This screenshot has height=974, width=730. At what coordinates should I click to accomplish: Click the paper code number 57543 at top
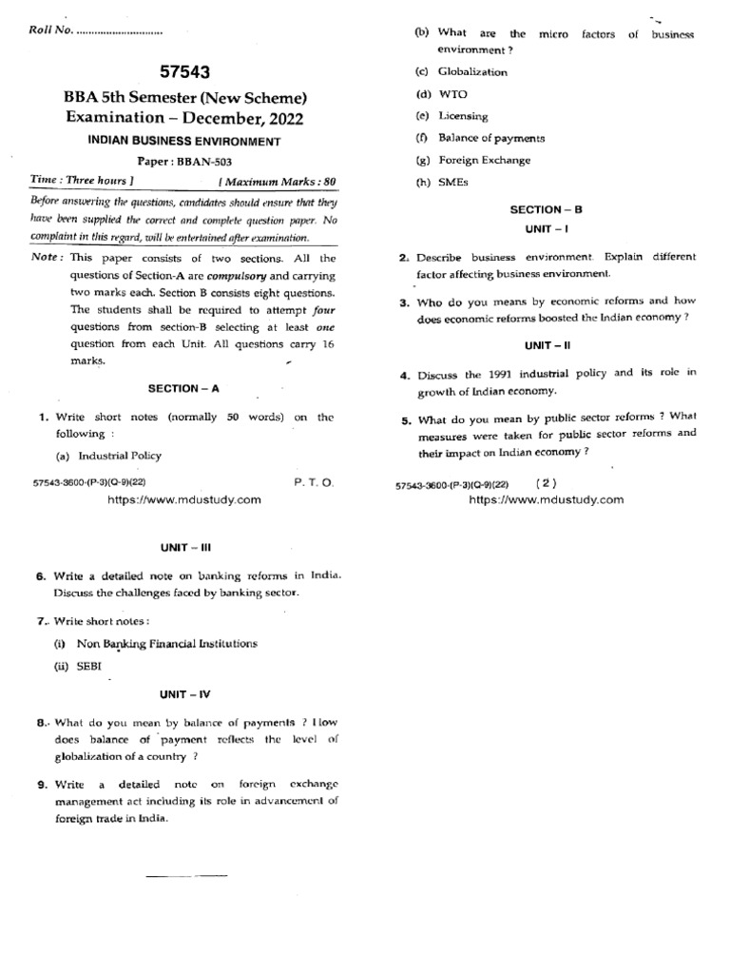185,72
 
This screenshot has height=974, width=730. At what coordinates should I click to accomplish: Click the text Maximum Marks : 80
278,180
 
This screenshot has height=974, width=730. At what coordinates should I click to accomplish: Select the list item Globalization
472,72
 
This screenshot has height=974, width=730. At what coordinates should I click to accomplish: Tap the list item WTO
452,94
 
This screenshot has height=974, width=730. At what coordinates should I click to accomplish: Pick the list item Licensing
463,116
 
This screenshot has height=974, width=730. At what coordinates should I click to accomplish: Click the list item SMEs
453,183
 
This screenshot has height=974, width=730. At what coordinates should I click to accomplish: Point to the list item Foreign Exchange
484,161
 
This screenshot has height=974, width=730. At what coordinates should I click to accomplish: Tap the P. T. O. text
314,483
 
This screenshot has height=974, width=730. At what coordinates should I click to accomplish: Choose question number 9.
41,785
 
